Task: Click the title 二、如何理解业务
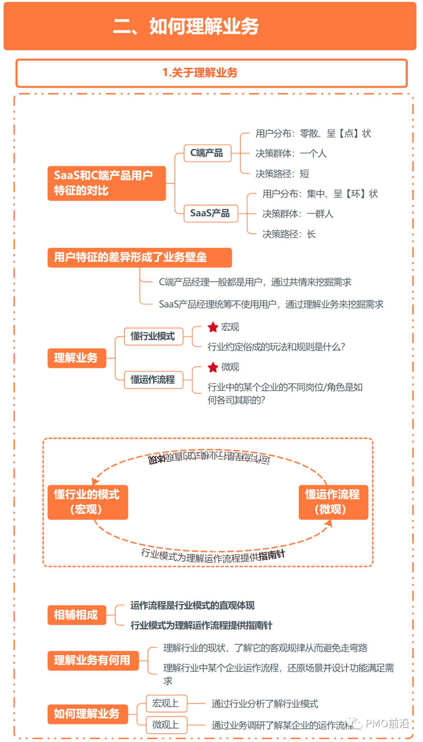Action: pyautogui.click(x=186, y=27)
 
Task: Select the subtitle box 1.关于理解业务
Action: pyautogui.click(x=211, y=73)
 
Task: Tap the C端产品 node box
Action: pyautogui.click(x=207, y=153)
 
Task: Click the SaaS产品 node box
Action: pyautogui.click(x=211, y=213)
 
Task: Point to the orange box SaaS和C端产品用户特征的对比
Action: pyautogui.click(x=107, y=183)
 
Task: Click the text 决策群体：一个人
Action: pyautogui.click(x=291, y=153)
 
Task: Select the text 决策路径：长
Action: pyautogui.click(x=289, y=234)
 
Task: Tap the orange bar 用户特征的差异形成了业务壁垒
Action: pyautogui.click(x=139, y=258)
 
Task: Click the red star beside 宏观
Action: pyautogui.click(x=213, y=327)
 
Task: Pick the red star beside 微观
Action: pyautogui.click(x=213, y=367)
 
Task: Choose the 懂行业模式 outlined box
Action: pyautogui.click(x=153, y=337)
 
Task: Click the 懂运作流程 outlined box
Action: pyautogui.click(x=153, y=380)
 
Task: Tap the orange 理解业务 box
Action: pyautogui.click(x=77, y=358)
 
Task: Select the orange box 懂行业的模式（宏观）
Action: pyautogui.click(x=88, y=502)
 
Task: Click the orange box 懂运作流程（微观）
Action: pyautogui.click(x=333, y=502)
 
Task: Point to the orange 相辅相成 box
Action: pyautogui.click(x=77, y=615)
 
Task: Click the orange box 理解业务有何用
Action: pyautogui.click(x=93, y=661)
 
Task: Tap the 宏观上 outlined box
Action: pyautogui.click(x=166, y=704)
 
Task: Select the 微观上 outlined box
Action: pyautogui.click(x=166, y=725)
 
